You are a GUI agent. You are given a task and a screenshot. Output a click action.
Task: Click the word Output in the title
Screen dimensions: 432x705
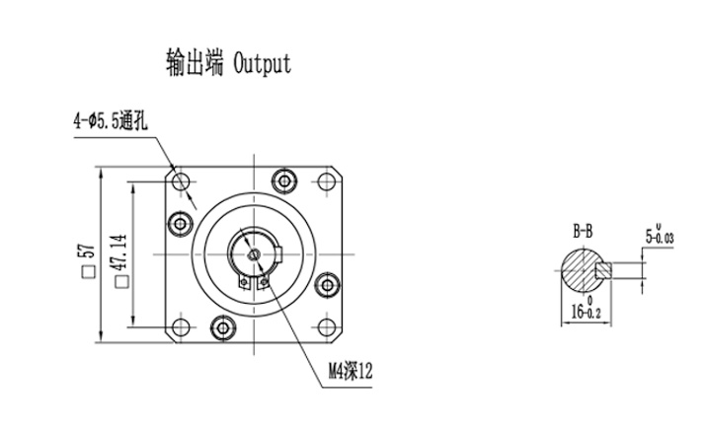[x=263, y=64]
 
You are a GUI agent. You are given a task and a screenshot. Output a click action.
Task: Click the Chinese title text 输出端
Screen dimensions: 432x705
[x=196, y=64]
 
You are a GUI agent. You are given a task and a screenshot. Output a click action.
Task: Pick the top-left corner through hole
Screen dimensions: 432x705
[x=179, y=183]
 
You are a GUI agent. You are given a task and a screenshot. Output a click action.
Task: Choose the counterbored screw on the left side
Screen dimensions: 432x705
[x=180, y=223]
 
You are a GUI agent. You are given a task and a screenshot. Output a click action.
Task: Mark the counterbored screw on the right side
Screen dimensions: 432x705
[x=327, y=287]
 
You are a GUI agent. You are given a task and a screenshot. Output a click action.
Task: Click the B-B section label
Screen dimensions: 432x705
[x=585, y=232]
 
